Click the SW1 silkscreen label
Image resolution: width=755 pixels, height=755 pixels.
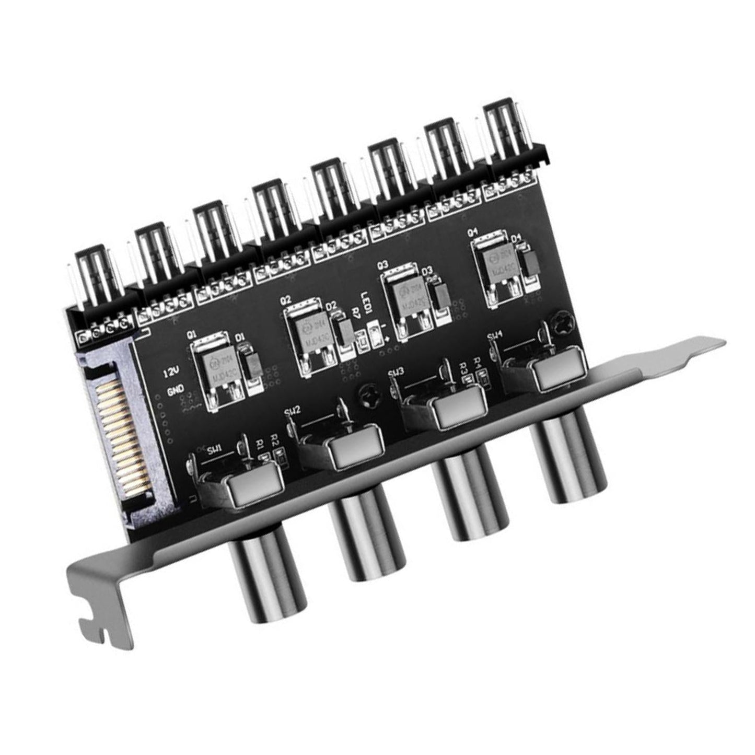tap(215, 448)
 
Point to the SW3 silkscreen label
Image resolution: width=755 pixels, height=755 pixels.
tap(397, 372)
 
